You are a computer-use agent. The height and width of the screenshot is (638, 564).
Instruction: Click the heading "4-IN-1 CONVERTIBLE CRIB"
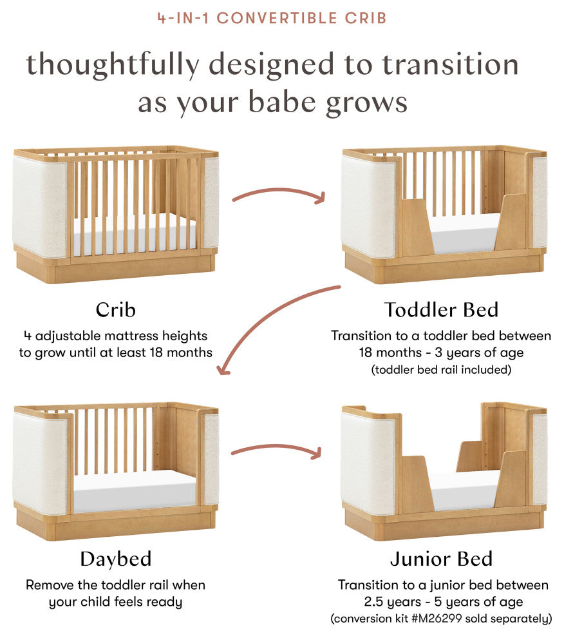pos(272,17)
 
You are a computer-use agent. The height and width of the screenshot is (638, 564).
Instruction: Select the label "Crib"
pos(115,309)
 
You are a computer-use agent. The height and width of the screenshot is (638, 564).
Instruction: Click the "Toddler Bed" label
pos(442,309)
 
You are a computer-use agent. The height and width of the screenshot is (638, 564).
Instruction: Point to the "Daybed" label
pos(115,559)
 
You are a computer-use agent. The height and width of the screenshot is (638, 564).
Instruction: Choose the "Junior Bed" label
pos(442,559)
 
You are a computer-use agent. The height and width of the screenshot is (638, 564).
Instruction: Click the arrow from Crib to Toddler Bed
pos(279,194)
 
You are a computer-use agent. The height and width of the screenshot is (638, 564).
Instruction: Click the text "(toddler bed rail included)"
pos(442,370)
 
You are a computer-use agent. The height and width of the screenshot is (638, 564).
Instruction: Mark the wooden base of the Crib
pos(115,271)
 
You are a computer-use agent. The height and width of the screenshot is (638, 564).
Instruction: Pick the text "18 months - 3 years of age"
pos(442,353)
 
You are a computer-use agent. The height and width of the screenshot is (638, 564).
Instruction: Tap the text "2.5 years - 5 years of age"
pos(442,602)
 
